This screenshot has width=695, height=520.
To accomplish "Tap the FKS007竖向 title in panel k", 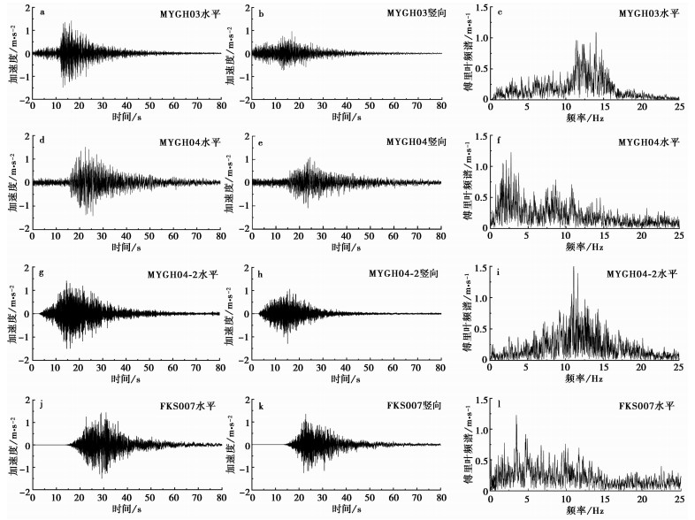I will coord(412,405).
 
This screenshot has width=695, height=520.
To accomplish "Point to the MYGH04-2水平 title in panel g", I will coord(182,274).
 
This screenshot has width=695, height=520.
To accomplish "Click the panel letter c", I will coord(500,11).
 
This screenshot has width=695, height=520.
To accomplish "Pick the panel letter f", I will coord(500,141).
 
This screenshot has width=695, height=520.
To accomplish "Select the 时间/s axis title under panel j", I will coord(126,511).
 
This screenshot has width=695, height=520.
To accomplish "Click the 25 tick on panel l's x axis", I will coord(679,500).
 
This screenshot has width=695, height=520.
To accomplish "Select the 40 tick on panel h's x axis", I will coord(347,367).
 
